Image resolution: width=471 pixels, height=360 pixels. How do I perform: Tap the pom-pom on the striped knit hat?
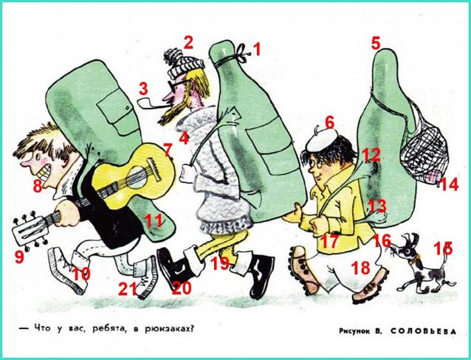tap(173, 56)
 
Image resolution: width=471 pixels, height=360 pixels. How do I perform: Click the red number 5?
tap(376, 44)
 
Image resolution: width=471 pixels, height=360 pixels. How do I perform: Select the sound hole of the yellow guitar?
tap(136, 176)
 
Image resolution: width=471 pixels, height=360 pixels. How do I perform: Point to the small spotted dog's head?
tap(405, 247)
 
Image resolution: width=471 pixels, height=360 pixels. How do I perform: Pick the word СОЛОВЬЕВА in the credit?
tap(424, 331)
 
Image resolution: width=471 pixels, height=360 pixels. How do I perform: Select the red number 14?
tap(448, 184)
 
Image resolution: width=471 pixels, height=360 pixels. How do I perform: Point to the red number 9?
tap(19, 257)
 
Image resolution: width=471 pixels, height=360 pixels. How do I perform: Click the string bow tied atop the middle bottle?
tap(244, 53)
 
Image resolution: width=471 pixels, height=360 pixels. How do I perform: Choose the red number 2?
tap(188, 42)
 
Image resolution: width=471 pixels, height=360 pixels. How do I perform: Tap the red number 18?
tap(361, 268)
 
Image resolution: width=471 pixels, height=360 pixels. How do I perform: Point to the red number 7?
tap(168, 150)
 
